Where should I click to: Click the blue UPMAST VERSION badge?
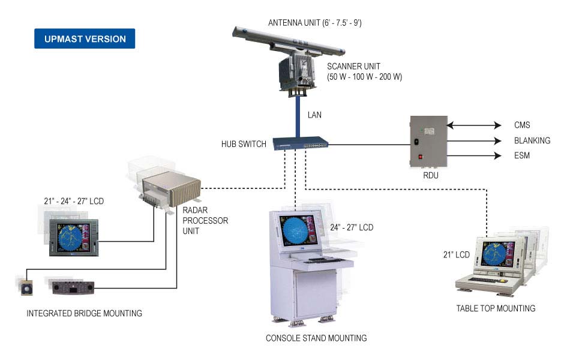(x=85, y=39)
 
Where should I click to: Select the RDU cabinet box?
(x=428, y=140)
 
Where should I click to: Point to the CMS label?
(x=522, y=125)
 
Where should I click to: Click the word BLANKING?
(x=532, y=141)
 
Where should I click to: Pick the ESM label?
(x=522, y=156)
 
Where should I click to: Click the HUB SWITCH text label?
(x=244, y=145)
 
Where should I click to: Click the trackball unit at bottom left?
(x=26, y=288)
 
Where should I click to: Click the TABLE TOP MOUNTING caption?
(x=496, y=308)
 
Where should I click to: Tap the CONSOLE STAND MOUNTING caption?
(x=316, y=338)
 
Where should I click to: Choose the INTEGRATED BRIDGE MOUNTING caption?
(x=84, y=313)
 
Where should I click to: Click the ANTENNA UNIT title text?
(x=314, y=23)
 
